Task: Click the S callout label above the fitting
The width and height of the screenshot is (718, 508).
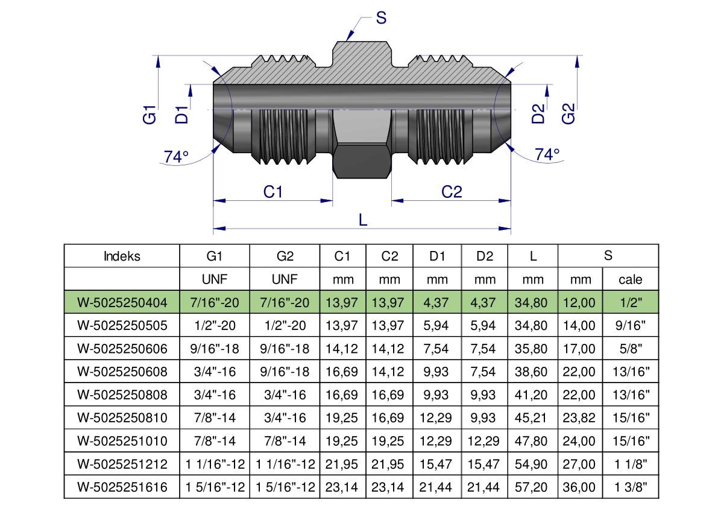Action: (x=381, y=18)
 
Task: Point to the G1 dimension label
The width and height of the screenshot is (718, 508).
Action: (x=150, y=115)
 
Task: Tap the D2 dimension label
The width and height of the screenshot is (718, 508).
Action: (x=538, y=113)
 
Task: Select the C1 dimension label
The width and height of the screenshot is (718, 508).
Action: (x=273, y=191)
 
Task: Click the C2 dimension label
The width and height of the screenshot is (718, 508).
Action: (x=452, y=191)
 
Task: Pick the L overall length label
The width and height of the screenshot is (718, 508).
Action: (x=363, y=220)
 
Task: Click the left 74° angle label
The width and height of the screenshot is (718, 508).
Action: (x=176, y=157)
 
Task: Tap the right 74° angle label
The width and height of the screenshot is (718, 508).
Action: (x=547, y=154)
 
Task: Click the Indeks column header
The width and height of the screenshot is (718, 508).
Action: (x=122, y=256)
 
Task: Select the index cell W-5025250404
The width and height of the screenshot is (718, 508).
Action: (x=122, y=302)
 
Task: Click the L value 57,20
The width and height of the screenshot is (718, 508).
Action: (x=531, y=487)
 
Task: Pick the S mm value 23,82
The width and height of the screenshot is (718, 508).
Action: (x=579, y=418)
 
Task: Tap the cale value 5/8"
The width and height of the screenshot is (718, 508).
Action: (x=631, y=349)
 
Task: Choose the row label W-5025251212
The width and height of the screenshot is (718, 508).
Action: (x=122, y=464)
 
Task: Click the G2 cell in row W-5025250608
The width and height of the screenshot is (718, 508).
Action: (x=285, y=372)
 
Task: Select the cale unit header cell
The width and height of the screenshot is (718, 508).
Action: (x=631, y=279)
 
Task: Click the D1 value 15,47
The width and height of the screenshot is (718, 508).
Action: (x=436, y=464)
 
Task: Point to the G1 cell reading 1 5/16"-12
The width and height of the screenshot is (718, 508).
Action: (x=215, y=487)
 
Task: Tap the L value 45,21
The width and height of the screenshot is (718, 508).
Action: (x=531, y=418)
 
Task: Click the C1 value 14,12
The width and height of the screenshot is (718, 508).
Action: (x=342, y=349)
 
